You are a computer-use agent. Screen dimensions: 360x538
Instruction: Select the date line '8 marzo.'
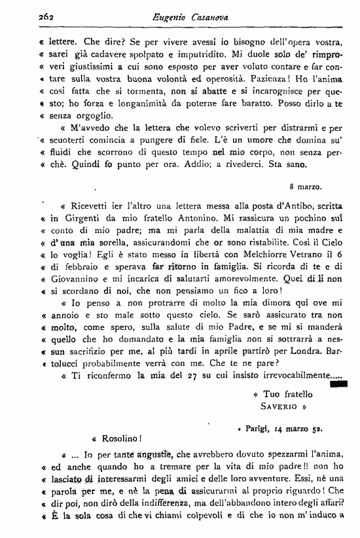[x=306, y=187]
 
